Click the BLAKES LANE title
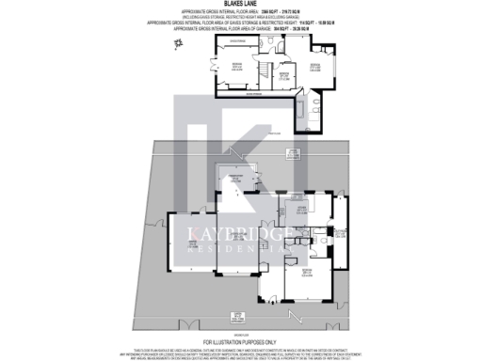[x=240, y=4]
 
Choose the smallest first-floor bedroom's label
[x=281, y=73]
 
